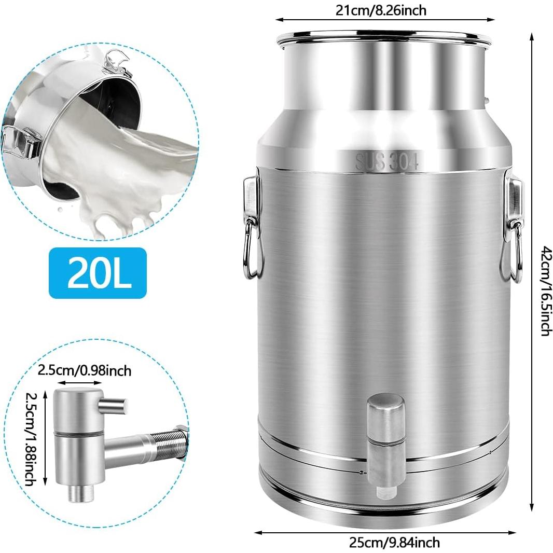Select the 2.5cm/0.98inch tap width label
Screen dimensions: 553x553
85,371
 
